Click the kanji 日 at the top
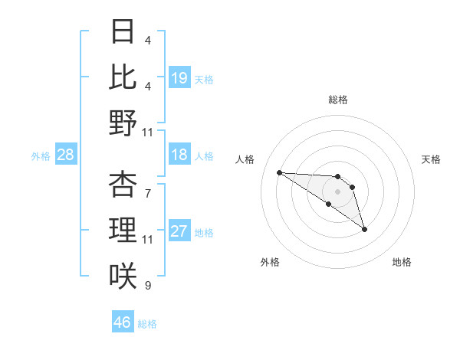[x=123, y=32]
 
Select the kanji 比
[x=123, y=77]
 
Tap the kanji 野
[x=123, y=123]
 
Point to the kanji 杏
[x=123, y=184]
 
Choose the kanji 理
[x=123, y=230]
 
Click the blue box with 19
[x=179, y=77]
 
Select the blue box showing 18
[x=179, y=155]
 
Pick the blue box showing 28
[x=66, y=155]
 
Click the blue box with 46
[x=123, y=322]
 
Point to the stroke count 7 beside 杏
[x=147, y=186]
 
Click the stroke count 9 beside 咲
[x=147, y=286]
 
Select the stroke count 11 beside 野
[x=148, y=133]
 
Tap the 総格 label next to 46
[x=147, y=324]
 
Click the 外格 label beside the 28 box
[x=41, y=156]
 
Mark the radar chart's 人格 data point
[x=279, y=172]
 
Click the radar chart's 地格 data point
[x=364, y=229]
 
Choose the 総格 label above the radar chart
[x=338, y=100]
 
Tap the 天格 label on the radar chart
[x=432, y=159]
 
